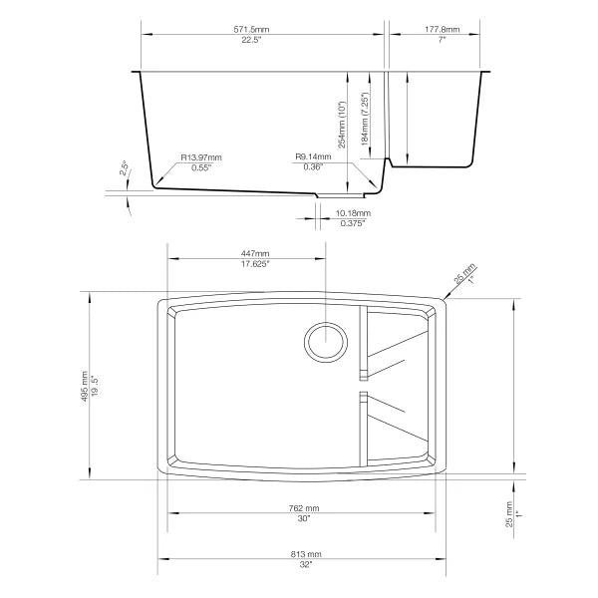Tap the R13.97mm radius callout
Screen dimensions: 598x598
[201, 157]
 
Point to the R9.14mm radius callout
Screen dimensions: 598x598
[314, 157]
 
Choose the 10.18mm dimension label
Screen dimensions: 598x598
[353, 213]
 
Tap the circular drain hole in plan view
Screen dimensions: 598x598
[326, 341]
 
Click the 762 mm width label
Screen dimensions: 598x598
[304, 508]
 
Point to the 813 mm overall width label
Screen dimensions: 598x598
[304, 553]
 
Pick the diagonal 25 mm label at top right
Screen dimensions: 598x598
[464, 273]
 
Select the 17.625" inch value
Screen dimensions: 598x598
[255, 265]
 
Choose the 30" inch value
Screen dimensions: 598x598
[304, 519]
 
